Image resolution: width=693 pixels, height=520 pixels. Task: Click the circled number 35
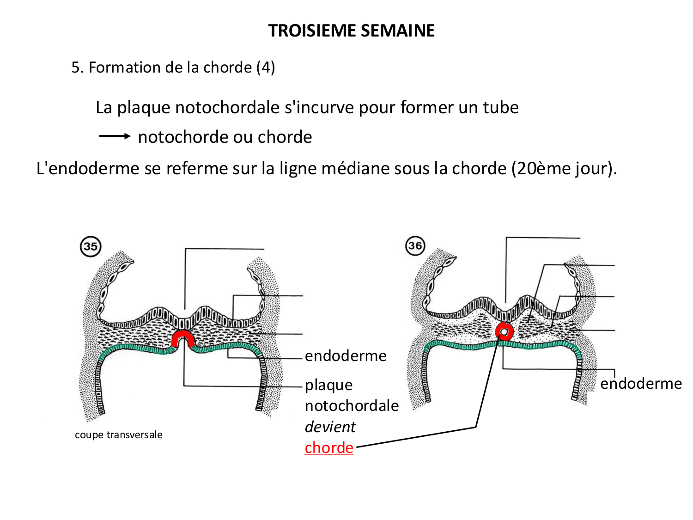click(x=91, y=246)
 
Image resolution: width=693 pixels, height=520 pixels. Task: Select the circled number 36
click(x=415, y=245)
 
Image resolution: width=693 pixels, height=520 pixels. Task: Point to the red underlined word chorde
click(x=329, y=447)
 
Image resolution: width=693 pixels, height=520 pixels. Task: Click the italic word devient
click(x=330, y=427)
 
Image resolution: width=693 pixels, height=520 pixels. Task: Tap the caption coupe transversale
click(x=119, y=434)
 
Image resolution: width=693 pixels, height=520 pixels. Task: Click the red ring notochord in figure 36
click(x=504, y=331)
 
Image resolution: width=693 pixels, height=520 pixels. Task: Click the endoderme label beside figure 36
click(x=641, y=383)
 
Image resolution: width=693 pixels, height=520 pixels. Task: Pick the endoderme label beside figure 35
click(x=346, y=355)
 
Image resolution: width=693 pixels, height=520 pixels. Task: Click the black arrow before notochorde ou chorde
click(x=115, y=136)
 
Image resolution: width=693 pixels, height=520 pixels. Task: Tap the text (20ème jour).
click(x=564, y=168)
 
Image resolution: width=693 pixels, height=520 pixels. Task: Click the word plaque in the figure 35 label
click(x=328, y=385)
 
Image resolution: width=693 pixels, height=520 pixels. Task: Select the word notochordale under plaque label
click(x=352, y=405)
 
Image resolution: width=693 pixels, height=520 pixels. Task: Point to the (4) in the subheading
click(x=266, y=67)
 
